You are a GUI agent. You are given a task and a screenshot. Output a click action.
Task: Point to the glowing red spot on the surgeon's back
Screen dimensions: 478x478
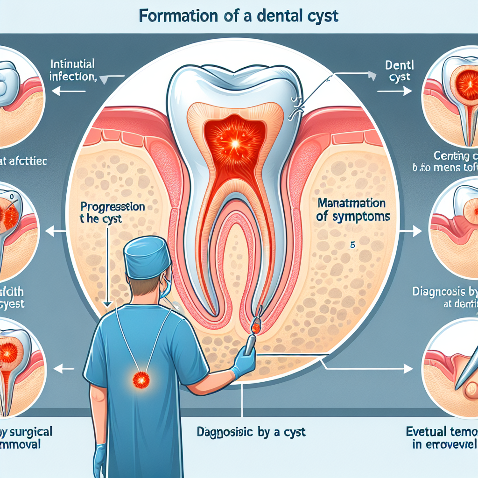point(141,379)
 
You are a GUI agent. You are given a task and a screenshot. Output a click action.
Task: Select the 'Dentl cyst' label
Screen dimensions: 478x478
point(398,70)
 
